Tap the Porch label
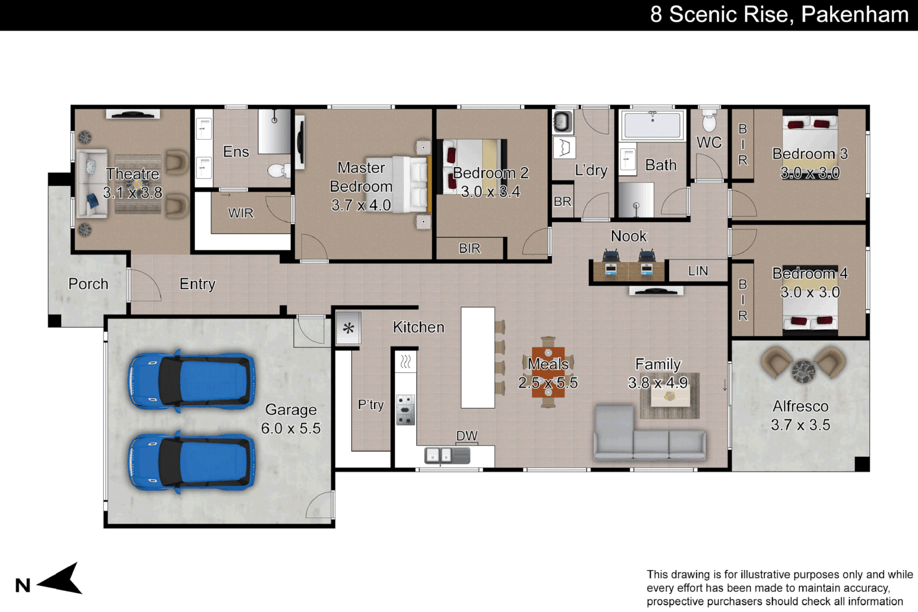pyautogui.click(x=88, y=284)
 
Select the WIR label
pyautogui.click(x=241, y=212)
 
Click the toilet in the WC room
pyautogui.click(x=709, y=120)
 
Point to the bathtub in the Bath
pyautogui.click(x=652, y=125)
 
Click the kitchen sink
pyautogui.click(x=447, y=456)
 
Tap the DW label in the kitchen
pyautogui.click(x=467, y=435)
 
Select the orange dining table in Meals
pyautogui.click(x=548, y=372)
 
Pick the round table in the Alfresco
pyautogui.click(x=804, y=371)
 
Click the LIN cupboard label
pyautogui.click(x=698, y=271)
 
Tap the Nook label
pyautogui.click(x=628, y=236)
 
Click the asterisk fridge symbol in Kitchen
pyautogui.click(x=348, y=328)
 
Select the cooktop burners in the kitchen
pyautogui.click(x=405, y=410)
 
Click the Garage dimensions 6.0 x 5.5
pyautogui.click(x=291, y=428)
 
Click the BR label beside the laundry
pyautogui.click(x=562, y=201)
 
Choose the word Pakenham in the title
pyautogui.click(x=855, y=14)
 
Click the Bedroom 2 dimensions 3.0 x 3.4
pyautogui.click(x=490, y=191)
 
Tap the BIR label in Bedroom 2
pyautogui.click(x=470, y=248)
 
